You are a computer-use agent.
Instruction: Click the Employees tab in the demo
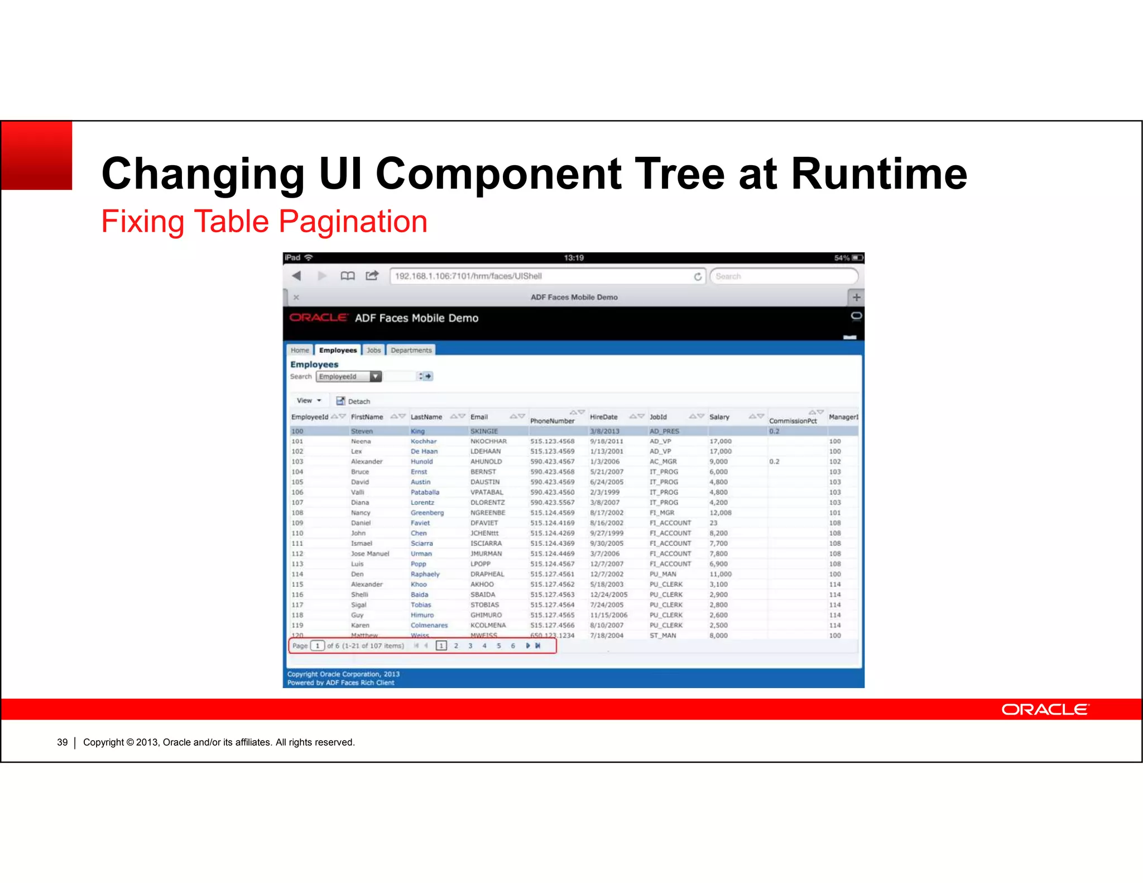coord(338,350)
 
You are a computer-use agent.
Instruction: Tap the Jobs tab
coord(373,350)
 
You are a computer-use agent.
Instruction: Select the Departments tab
coord(411,350)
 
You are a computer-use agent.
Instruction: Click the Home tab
coord(299,350)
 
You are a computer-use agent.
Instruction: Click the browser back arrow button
coord(297,276)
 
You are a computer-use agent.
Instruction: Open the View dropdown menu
coord(309,400)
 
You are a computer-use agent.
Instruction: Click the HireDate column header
coord(603,417)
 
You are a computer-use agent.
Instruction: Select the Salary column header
coord(719,417)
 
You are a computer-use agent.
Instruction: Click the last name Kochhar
coord(423,441)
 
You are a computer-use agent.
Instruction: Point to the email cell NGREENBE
coord(487,512)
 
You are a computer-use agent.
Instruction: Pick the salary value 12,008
coord(720,512)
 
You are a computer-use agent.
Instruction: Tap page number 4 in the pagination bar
coord(484,646)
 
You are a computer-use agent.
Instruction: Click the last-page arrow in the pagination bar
coord(537,646)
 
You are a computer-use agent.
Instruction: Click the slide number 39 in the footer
coord(62,742)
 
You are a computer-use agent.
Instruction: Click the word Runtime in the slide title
coord(878,174)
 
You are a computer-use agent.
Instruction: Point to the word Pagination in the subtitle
coord(353,222)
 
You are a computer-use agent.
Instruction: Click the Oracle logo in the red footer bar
coord(1044,709)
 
